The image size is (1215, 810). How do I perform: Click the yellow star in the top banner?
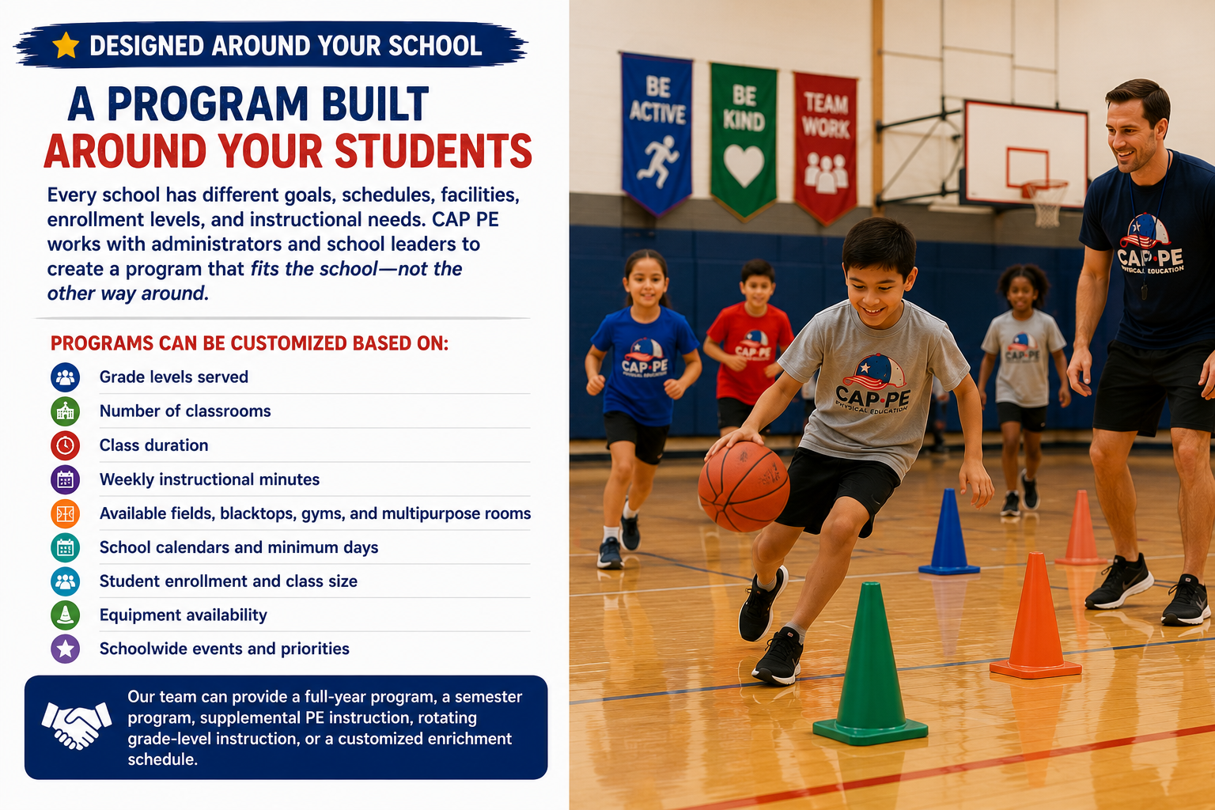pos(66,45)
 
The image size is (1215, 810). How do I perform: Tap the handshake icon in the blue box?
pos(77,726)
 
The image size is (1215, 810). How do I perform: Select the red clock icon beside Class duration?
pos(65,445)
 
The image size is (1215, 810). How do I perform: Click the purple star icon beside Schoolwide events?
pos(65,649)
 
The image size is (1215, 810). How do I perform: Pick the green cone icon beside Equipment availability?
pos(65,615)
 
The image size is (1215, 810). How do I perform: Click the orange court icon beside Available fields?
pos(65,513)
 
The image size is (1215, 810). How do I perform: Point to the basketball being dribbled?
pos(744,486)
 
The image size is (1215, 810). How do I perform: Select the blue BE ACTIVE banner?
pos(657,133)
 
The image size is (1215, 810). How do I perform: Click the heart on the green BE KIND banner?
pos(744,165)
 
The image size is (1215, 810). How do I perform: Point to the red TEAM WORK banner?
pos(825,146)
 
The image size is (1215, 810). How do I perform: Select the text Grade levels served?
pos(173,377)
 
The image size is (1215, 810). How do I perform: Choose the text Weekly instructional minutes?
pos(210,479)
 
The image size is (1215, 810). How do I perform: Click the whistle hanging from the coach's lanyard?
pos(1145,291)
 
